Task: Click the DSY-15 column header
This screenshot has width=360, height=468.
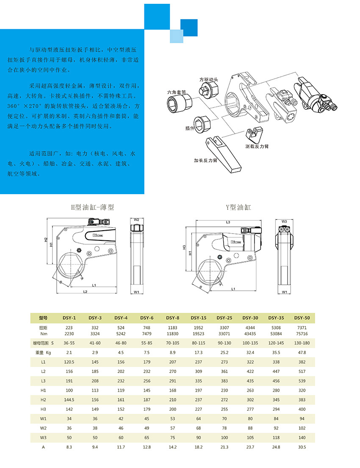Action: coord(198,318)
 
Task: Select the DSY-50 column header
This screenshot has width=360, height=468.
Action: coord(302,318)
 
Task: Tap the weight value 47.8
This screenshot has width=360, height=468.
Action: coord(302,352)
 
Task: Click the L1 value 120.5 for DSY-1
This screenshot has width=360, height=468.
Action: coord(69,362)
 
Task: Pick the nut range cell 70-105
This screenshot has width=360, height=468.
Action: coord(172,342)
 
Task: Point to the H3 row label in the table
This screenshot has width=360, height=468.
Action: coord(43,409)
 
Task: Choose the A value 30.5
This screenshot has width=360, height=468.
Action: coord(302,447)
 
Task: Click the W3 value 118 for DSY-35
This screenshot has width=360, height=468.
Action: coord(276,437)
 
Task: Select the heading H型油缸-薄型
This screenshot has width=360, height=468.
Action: coord(92,207)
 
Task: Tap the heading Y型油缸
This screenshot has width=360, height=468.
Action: coord(238,207)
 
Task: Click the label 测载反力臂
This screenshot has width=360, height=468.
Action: coord(257,146)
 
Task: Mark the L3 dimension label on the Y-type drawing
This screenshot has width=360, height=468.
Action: coord(228,222)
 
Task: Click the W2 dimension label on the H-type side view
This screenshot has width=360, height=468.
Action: coord(136,220)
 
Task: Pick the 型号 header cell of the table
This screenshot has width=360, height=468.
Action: coord(43,318)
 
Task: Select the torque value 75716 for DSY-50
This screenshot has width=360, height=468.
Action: coord(302,334)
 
